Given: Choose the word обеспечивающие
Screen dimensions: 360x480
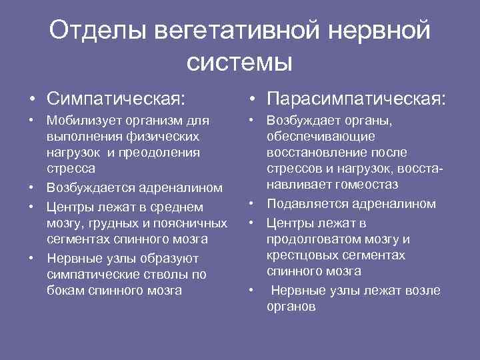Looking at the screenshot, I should pos(321,137).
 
